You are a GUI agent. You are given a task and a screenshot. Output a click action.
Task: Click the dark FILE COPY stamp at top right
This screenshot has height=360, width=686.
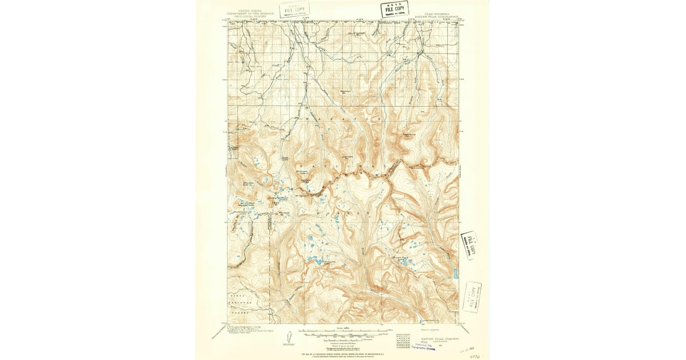[394, 9]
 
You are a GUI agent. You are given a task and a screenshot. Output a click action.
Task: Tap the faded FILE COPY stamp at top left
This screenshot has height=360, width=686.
[294, 9]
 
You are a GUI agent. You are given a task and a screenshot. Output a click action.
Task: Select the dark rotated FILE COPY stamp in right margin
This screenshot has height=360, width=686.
[470, 245]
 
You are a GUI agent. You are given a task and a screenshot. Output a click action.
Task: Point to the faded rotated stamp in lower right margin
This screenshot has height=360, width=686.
[472, 296]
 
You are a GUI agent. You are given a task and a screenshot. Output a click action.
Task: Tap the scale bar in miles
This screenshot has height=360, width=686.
[343, 331]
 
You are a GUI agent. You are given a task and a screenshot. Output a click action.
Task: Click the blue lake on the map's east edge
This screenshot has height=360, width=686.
[455, 274]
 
